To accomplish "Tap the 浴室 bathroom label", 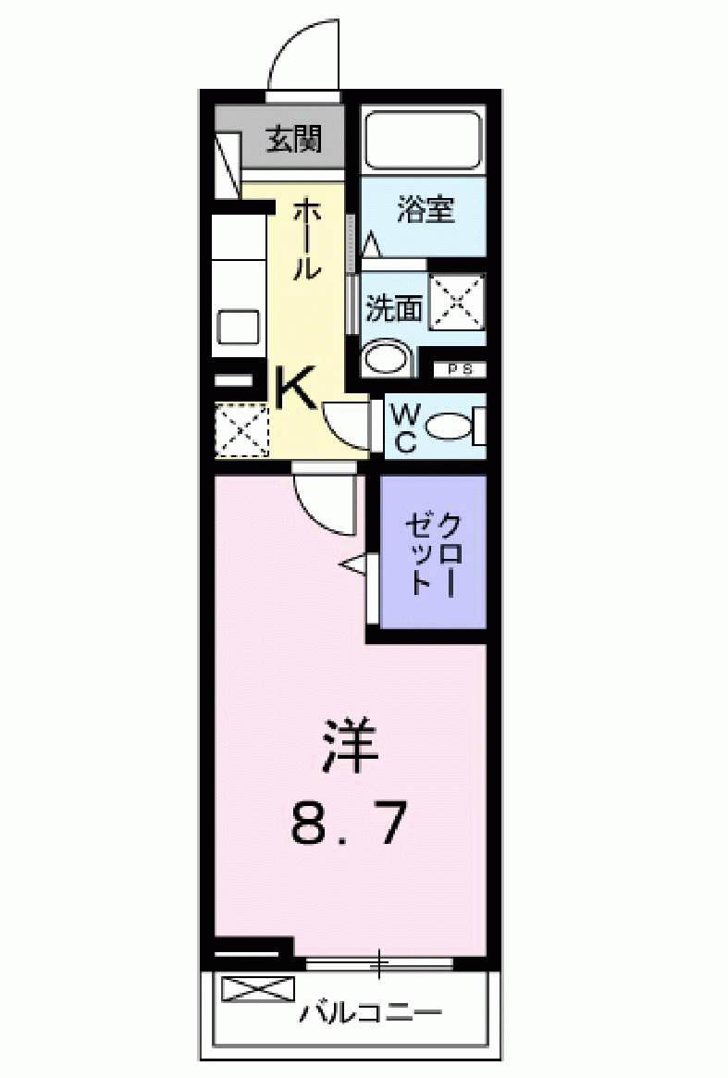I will click(x=426, y=209).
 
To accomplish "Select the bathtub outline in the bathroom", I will click(x=423, y=140).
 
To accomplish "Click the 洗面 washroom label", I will click(x=393, y=308).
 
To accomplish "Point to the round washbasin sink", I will click(x=388, y=360).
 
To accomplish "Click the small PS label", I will click(x=460, y=369).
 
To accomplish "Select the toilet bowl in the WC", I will click(x=450, y=427).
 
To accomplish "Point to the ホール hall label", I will click(x=307, y=240).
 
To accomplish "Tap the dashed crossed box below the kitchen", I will click(x=241, y=429).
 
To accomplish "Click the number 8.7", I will click(x=348, y=823).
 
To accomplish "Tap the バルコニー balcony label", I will click(x=370, y=1013).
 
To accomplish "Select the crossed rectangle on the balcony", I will click(x=257, y=988).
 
